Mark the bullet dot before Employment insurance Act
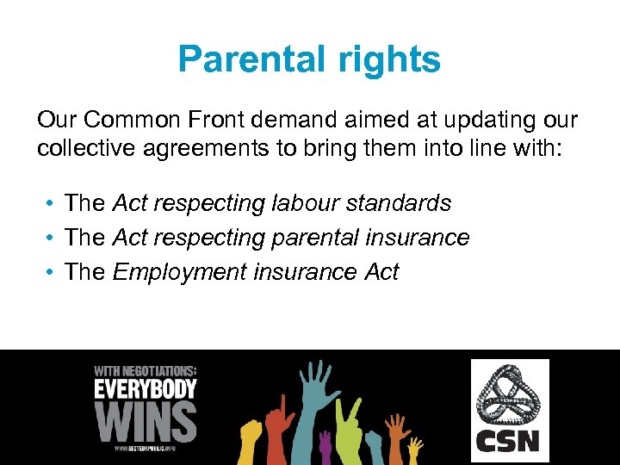(x=52, y=272)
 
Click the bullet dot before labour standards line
(x=52, y=203)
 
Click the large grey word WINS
(x=146, y=421)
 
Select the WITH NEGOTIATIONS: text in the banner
(x=146, y=371)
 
